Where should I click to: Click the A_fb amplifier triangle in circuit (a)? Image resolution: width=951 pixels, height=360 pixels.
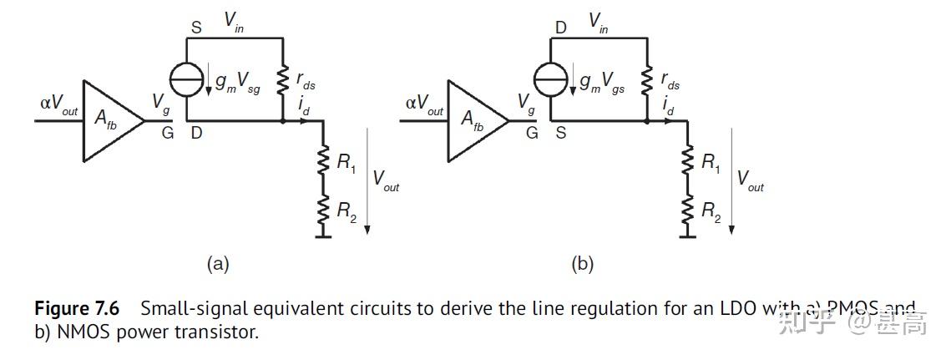[109, 120]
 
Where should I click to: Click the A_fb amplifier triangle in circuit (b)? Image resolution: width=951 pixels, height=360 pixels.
[474, 120]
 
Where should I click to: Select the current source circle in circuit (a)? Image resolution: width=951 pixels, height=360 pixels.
[185, 80]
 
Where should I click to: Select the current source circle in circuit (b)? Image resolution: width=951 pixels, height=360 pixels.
[551, 80]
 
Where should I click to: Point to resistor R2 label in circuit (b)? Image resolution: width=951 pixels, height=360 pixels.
[711, 211]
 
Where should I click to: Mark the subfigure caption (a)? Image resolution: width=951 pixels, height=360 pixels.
[217, 265]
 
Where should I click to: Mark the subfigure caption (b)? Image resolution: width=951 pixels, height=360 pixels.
[582, 265]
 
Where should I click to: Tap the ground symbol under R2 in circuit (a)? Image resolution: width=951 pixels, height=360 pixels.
[321, 236]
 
